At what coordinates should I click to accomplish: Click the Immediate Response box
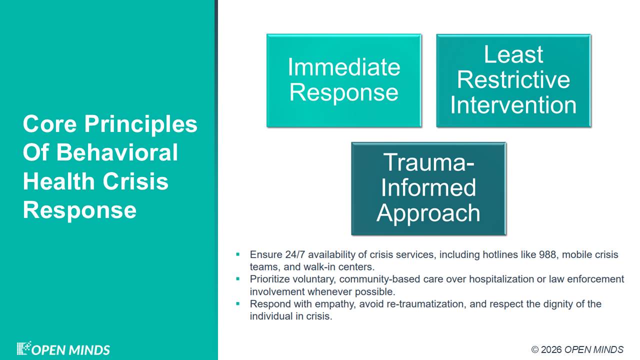point(344,80)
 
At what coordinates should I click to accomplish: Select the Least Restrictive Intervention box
point(513,80)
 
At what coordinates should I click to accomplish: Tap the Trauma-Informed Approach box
point(428,188)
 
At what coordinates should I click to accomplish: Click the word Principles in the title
point(140,124)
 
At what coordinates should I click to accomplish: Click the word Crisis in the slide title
point(135,181)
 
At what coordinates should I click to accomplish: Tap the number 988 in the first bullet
point(547,254)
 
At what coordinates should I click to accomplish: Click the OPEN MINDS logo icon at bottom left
point(23,348)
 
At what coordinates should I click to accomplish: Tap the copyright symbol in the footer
point(535,349)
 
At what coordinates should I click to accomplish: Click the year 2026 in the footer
point(551,349)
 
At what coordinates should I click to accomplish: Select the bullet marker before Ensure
point(237,254)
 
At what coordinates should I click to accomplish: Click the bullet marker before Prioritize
point(237,279)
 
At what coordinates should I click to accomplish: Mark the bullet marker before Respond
point(237,303)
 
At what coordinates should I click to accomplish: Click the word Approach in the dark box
point(428,213)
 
